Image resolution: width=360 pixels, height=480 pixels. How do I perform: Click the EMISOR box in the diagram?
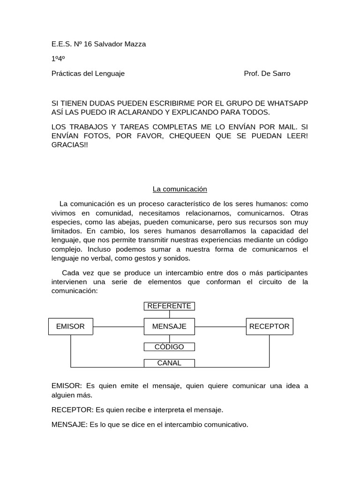[70, 326]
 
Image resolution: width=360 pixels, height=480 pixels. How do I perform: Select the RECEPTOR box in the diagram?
[270, 326]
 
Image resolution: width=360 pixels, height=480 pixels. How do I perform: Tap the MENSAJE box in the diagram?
[169, 326]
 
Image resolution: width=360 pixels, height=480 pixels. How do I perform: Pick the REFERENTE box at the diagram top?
[169, 306]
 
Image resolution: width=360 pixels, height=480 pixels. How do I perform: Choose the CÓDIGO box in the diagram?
[169, 347]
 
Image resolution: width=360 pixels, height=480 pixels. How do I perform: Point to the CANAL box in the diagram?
[169, 363]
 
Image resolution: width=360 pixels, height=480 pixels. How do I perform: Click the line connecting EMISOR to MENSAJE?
[118, 326]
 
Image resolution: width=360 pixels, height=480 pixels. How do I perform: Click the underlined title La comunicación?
[180, 189]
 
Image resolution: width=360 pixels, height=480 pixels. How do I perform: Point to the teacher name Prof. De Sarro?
[267, 74]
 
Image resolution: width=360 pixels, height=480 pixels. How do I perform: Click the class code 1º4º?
[58, 59]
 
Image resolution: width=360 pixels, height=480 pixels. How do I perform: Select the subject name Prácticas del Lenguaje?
[88, 74]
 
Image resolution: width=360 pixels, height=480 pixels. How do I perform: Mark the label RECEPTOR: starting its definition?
[72, 410]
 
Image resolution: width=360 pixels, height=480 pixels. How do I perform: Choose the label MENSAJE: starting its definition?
[69, 425]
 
